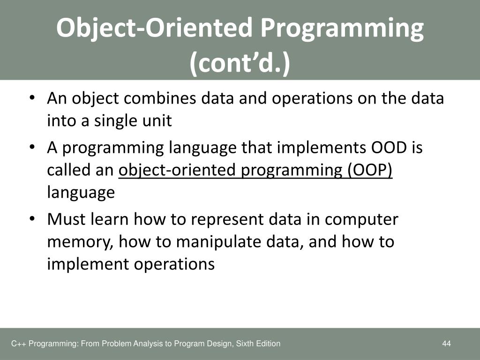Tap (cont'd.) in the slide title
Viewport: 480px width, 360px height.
(x=240, y=63)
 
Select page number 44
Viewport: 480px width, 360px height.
(x=446, y=344)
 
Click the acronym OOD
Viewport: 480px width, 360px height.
(x=389, y=148)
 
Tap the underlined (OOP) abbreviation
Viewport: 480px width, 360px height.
(x=369, y=170)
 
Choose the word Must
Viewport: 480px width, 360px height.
(x=66, y=219)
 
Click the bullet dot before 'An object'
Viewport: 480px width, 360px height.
(x=32, y=98)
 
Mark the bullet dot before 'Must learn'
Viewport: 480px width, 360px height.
(x=32, y=219)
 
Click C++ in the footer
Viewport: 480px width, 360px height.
(x=18, y=344)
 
